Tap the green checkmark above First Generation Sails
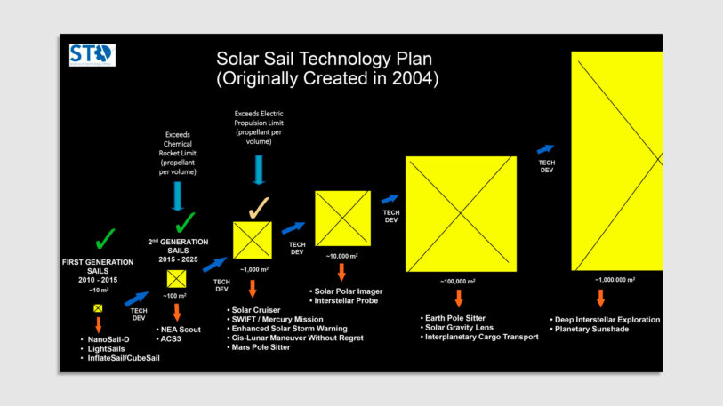pos(105,238)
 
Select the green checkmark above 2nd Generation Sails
pos(186,221)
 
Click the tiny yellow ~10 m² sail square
pos(99,307)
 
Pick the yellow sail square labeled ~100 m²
pos(177,279)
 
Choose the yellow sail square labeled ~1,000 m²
pos(252,240)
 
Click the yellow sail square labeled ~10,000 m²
pos(342,218)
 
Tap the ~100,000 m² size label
pos(460,281)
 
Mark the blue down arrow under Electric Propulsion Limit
pos(259,170)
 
